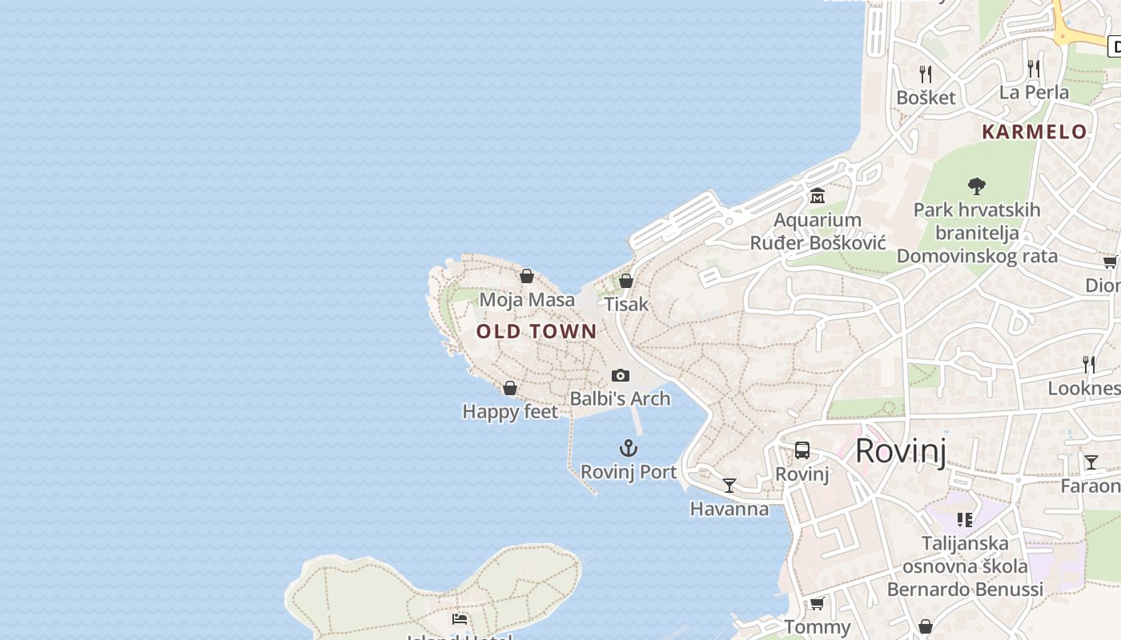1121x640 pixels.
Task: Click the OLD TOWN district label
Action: (x=536, y=331)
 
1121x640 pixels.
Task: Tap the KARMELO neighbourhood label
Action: (x=1035, y=132)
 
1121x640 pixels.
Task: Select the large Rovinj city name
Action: (x=901, y=451)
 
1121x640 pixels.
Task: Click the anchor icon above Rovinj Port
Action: (x=629, y=448)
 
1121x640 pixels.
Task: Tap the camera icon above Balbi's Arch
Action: (x=620, y=375)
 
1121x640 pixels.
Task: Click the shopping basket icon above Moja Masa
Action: (x=527, y=277)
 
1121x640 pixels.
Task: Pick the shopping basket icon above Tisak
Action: (x=626, y=281)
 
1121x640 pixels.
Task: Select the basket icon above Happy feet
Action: (x=510, y=389)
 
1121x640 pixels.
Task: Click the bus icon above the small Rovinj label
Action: (x=802, y=450)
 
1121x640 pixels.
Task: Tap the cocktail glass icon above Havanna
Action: (x=729, y=485)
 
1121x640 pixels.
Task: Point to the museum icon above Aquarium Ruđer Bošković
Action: (x=818, y=195)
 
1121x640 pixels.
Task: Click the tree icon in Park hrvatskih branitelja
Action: (x=976, y=186)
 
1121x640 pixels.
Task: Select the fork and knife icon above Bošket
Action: (x=926, y=74)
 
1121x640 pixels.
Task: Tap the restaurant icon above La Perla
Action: (x=1034, y=69)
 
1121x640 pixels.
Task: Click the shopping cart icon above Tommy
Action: (x=817, y=603)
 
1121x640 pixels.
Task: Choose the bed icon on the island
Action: (x=460, y=618)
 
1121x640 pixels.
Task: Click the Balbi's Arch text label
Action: (x=620, y=398)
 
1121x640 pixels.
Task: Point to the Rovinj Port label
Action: (x=629, y=472)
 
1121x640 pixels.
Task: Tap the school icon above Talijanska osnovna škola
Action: (x=965, y=520)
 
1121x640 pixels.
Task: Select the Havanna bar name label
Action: (x=729, y=509)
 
